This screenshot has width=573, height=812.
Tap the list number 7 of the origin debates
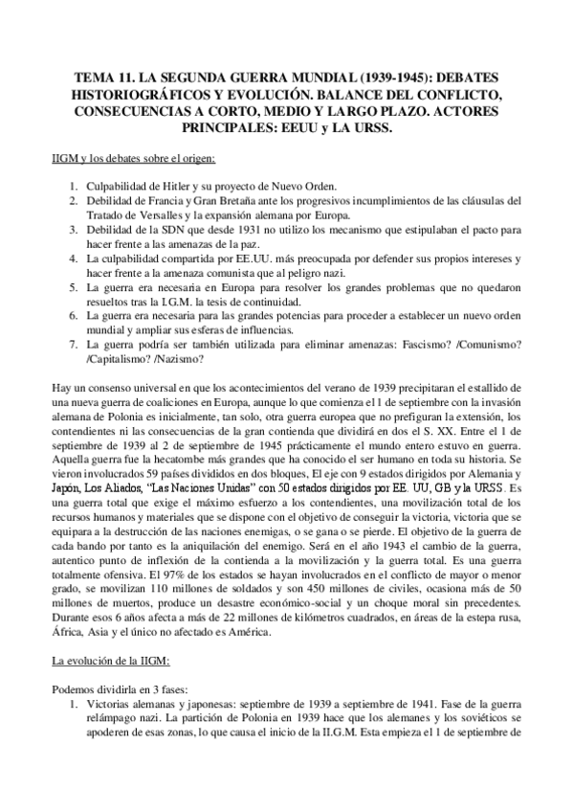point(63,342)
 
